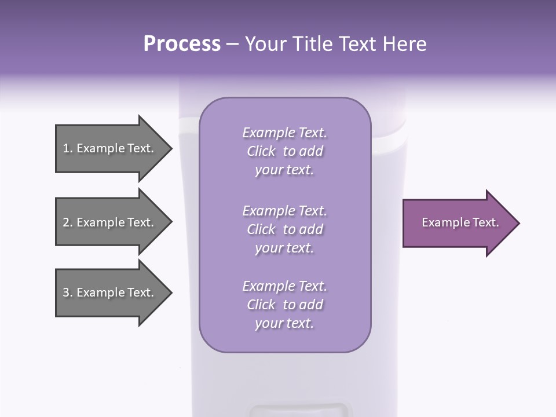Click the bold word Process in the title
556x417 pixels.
pyautogui.click(x=182, y=44)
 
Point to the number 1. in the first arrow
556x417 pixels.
pyautogui.click(x=68, y=148)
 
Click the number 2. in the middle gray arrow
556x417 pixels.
pyautogui.click(x=68, y=222)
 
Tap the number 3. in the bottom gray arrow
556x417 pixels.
pyautogui.click(x=68, y=292)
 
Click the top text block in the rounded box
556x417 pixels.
pyautogui.click(x=284, y=151)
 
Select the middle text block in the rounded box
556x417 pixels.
pyautogui.click(x=284, y=229)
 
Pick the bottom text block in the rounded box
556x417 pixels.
pyautogui.click(x=284, y=305)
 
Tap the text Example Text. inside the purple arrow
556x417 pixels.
pyautogui.click(x=460, y=222)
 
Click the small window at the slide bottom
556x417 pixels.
pyautogui.click(x=300, y=411)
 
